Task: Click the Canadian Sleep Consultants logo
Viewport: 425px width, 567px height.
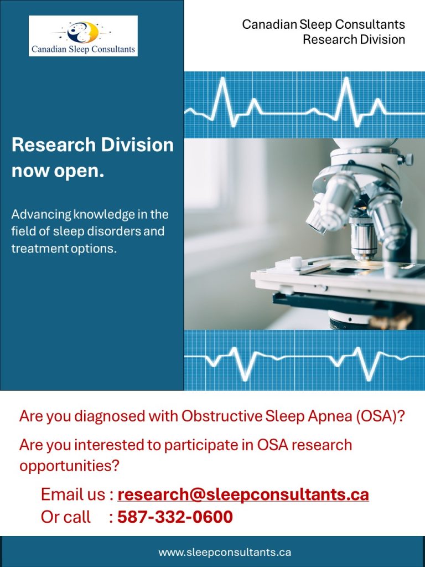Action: [x=83, y=36]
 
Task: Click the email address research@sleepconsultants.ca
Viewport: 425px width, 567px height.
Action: [x=243, y=494]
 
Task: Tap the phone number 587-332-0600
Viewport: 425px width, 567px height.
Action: [x=175, y=517]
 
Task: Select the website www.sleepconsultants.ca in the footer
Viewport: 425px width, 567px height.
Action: [x=225, y=552]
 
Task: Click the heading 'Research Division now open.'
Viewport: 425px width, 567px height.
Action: [x=92, y=158]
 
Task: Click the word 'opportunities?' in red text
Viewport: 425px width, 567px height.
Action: [x=69, y=466]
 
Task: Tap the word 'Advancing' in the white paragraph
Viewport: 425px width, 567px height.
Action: [x=41, y=215]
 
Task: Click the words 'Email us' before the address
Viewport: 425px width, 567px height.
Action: [x=74, y=494]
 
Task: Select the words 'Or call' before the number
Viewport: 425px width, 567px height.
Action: [x=65, y=517]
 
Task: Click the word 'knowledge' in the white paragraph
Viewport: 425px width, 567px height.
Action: [x=103, y=215]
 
